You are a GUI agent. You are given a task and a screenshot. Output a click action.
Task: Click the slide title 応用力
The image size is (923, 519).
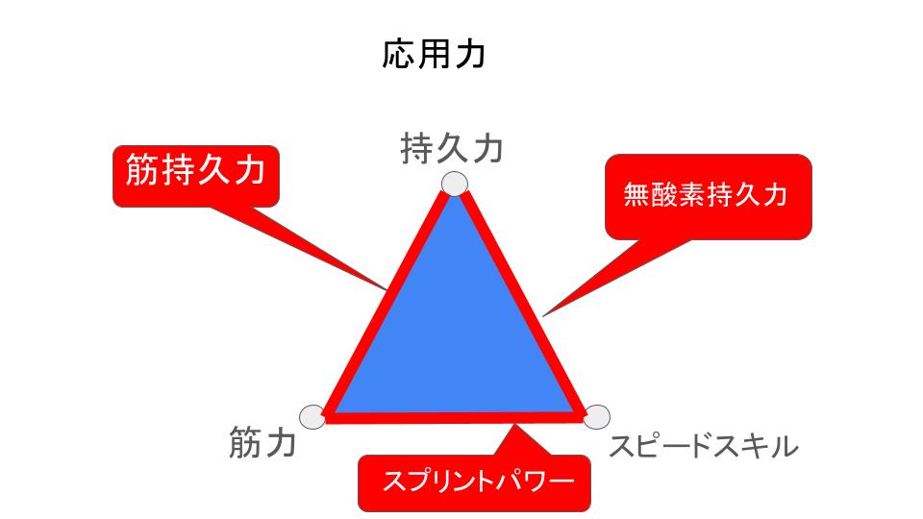coord(434,55)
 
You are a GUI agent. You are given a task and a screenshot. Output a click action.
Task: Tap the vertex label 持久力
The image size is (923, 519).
coord(451,151)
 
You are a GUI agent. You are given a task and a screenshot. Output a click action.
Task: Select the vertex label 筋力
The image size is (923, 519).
coord(262,444)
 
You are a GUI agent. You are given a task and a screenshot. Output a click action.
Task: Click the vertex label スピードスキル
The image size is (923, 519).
coord(704,446)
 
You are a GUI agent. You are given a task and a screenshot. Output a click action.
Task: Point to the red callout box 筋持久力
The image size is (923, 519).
coord(195,175)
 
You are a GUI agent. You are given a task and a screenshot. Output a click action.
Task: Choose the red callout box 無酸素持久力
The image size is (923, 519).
coord(708,196)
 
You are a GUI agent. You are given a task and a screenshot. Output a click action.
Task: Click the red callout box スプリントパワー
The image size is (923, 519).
coord(472,481)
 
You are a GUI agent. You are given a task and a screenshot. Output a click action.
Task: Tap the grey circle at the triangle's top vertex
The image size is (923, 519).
coord(454,183)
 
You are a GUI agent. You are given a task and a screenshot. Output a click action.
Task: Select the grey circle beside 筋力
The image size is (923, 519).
coord(312,416)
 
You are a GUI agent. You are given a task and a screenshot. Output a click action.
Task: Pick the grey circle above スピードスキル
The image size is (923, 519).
coord(596,416)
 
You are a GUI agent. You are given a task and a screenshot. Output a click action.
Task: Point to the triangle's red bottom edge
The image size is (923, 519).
coord(455,417)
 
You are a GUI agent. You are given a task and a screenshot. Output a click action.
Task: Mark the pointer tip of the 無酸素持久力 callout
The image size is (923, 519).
coord(544,314)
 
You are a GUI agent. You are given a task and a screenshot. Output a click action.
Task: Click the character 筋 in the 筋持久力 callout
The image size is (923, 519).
coord(142,171)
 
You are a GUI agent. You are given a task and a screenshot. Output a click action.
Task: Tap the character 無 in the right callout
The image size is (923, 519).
coord(636,196)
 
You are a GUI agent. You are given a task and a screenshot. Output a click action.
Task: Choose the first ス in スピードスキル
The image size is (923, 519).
coord(623,446)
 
